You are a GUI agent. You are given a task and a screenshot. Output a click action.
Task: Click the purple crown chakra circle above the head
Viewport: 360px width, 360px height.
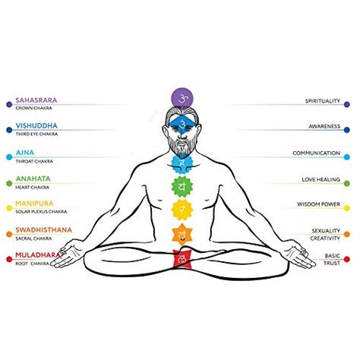pyautogui.click(x=182, y=99)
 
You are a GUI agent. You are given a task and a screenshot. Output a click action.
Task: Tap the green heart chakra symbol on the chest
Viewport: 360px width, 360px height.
pyautogui.click(x=182, y=187)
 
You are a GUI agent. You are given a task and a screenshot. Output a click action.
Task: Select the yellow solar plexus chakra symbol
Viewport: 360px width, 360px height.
pyautogui.click(x=182, y=210)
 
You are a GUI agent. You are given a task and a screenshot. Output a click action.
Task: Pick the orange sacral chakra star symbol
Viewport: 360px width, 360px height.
pyautogui.click(x=182, y=235)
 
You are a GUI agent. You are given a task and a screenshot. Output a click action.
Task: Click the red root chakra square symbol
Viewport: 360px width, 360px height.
pyautogui.click(x=182, y=258)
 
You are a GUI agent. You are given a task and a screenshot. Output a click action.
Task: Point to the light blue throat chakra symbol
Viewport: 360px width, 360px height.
pyautogui.click(x=182, y=163)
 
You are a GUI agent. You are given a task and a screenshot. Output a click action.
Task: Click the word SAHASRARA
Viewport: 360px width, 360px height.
pyautogui.click(x=36, y=100)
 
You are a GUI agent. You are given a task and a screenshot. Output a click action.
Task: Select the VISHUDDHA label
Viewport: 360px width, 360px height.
pyautogui.click(x=36, y=126)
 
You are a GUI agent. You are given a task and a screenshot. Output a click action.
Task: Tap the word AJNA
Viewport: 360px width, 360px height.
pyautogui.click(x=25, y=153)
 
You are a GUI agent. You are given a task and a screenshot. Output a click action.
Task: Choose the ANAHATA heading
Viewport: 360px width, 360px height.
pyautogui.click(x=33, y=178)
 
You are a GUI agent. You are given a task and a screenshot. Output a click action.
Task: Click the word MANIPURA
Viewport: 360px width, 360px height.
pyautogui.click(x=34, y=204)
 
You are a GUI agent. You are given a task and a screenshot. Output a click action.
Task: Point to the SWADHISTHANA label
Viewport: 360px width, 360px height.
pyautogui.click(x=44, y=230)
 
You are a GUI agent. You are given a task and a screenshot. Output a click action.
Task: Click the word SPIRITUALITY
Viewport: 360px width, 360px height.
pyautogui.click(x=323, y=101)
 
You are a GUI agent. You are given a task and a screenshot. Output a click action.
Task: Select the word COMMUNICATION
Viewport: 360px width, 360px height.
pyautogui.click(x=317, y=153)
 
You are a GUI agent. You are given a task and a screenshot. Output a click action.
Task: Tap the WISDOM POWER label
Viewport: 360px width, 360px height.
pyautogui.click(x=318, y=204)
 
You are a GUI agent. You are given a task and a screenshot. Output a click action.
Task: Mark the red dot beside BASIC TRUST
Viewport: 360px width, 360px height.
pyautogui.click(x=347, y=259)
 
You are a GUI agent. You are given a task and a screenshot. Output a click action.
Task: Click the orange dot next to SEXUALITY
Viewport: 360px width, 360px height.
pyautogui.click(x=347, y=234)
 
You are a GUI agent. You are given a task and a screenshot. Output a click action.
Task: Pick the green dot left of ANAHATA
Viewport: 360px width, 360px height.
pyautogui.click(x=9, y=184)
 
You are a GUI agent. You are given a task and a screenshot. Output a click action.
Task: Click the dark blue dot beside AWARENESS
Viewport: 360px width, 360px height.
pyautogui.click(x=347, y=130)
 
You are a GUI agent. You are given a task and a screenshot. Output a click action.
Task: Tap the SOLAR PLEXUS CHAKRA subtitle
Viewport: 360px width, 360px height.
pyautogui.click(x=41, y=212)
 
